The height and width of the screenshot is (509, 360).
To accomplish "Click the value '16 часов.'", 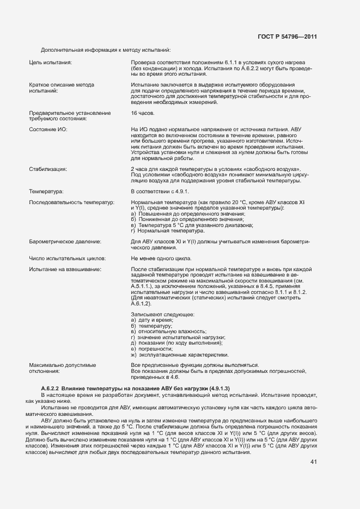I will (x=143, y=113).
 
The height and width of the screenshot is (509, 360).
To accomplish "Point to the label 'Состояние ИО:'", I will (x=48, y=129).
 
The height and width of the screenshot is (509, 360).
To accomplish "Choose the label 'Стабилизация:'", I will (x=47, y=169).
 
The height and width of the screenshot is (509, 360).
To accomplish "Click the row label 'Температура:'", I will (x=46, y=192).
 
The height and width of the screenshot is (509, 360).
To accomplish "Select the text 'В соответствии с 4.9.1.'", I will (x=160, y=192).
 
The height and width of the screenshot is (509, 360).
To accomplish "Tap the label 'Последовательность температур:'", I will (x=71, y=203).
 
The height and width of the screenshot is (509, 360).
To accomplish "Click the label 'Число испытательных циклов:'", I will (x=67, y=258).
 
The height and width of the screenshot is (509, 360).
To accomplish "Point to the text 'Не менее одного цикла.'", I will (x=161, y=258).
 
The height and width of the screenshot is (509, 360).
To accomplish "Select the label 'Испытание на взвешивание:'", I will (x=65, y=269).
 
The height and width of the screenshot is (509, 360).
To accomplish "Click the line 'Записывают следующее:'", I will (x=163, y=314).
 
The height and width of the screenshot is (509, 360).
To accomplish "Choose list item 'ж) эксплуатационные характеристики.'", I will (x=179, y=354).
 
